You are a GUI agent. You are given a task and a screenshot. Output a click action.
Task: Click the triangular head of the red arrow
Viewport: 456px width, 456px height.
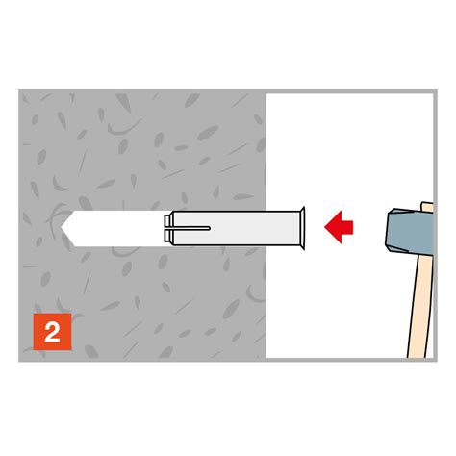[333, 227]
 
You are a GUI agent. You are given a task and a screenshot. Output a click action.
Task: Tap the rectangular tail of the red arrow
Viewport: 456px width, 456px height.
[347, 227]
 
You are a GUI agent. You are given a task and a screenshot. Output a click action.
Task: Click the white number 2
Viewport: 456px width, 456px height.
[52, 332]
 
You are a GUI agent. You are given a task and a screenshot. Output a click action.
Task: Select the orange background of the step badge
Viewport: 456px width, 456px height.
[52, 332]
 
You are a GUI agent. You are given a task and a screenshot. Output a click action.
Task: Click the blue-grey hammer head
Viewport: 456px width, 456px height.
[409, 230]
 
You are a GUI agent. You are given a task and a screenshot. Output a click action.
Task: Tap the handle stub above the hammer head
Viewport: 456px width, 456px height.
[427, 207]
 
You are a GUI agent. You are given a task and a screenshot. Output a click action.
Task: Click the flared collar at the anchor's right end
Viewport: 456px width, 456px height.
[301, 228]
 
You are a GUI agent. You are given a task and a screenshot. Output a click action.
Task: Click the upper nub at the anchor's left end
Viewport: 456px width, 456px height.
[167, 220]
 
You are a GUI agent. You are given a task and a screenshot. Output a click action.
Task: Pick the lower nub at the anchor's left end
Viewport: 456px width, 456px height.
[167, 236]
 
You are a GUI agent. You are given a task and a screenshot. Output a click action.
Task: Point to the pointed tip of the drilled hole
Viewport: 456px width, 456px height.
[62, 228]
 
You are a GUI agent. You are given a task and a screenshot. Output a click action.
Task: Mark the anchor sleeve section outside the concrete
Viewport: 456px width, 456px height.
[282, 228]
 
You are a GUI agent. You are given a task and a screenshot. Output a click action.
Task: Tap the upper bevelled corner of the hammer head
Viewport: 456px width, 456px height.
[392, 212]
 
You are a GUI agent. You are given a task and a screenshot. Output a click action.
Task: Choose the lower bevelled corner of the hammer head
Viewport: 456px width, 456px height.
[392, 247]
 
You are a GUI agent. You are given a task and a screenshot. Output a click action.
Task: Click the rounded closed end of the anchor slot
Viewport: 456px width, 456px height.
[209, 228]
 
